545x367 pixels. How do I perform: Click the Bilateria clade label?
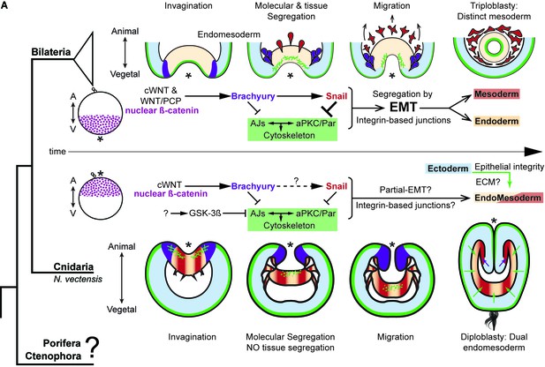(51, 52)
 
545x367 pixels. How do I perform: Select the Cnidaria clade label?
(73, 267)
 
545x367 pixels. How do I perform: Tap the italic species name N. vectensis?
(78, 279)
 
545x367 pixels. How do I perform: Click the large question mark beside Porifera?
(93, 348)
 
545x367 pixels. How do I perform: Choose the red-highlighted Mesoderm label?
(496, 94)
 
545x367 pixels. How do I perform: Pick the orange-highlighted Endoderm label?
(496, 121)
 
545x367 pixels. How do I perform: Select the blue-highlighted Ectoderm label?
(448, 169)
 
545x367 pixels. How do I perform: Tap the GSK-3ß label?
(205, 213)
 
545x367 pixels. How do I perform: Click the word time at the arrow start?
(57, 152)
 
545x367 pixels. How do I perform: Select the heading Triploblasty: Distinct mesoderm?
(494, 11)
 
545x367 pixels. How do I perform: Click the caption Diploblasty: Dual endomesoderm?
(494, 342)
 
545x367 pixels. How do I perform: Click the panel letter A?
(4, 5)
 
